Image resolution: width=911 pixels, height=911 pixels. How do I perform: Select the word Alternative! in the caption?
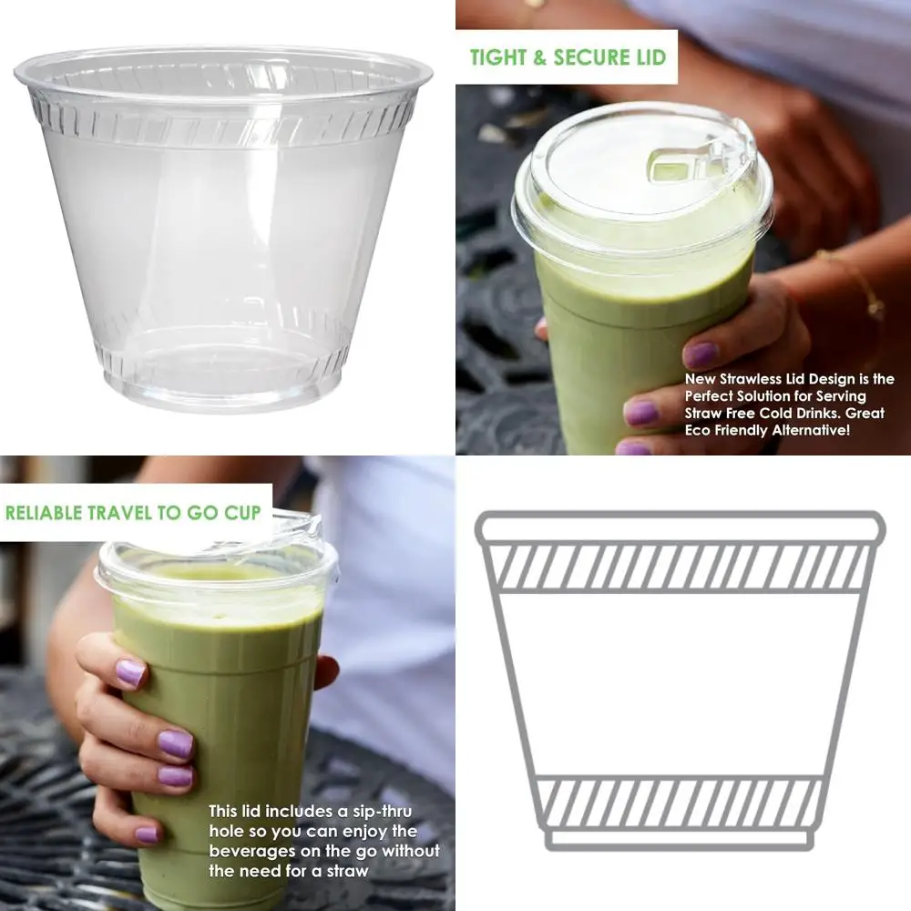point(810,431)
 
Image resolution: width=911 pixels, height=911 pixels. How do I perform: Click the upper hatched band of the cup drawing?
point(680,567)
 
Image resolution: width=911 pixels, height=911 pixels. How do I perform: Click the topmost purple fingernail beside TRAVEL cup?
point(129,673)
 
